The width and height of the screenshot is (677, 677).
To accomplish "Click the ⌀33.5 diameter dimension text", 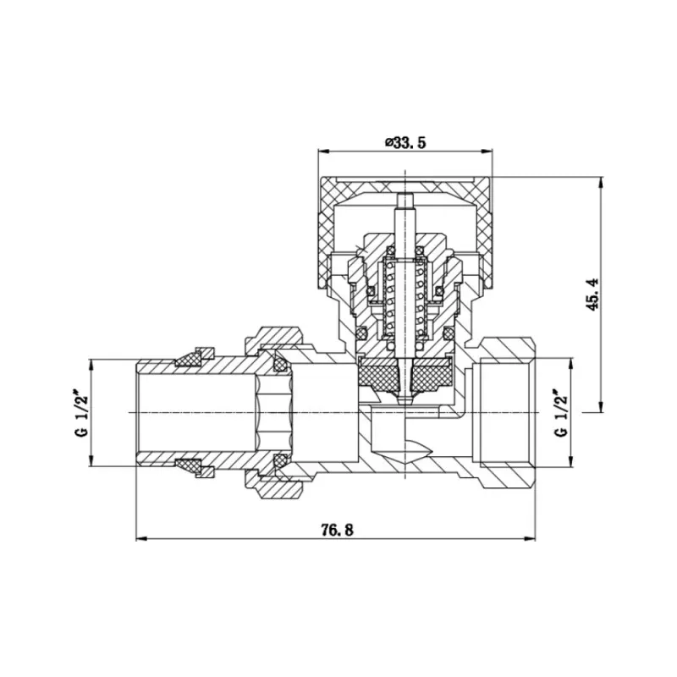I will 405,142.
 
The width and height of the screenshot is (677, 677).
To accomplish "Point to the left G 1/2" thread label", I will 82,412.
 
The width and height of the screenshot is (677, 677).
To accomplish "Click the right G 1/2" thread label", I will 559,412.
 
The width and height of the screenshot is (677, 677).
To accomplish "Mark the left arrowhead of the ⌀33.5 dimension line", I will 322,151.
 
